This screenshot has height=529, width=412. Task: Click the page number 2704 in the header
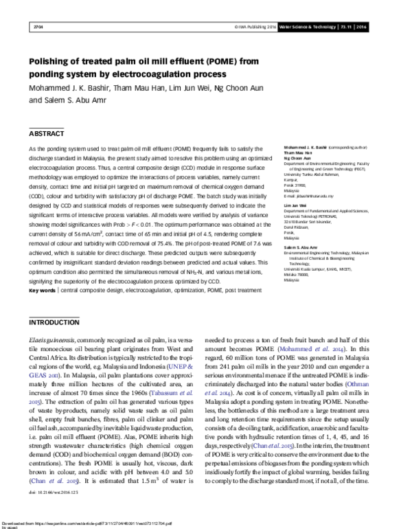tap(38, 28)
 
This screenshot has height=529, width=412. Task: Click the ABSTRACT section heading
tap(46, 132)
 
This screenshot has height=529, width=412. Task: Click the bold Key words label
tap(42, 291)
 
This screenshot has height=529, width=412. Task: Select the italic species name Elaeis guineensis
tap(54, 340)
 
